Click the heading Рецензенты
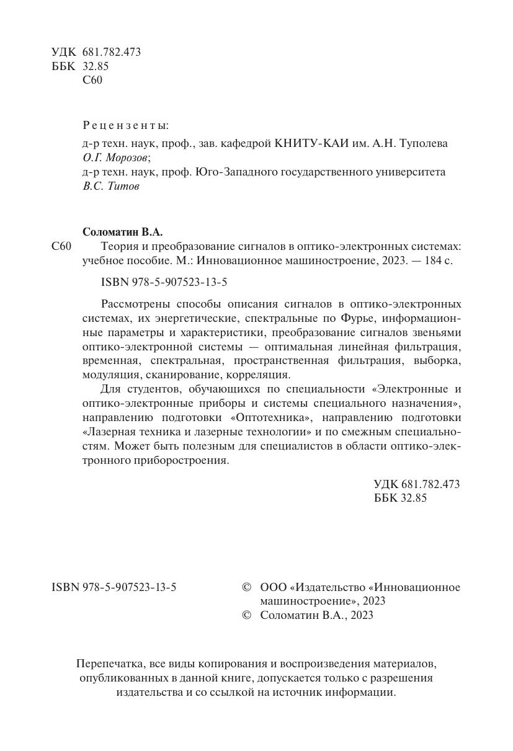pyautogui.click(x=125, y=125)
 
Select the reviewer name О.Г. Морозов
pyautogui.click(x=116, y=158)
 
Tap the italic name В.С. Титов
pyautogui.click(x=111, y=186)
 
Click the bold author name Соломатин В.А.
pyautogui.click(x=122, y=232)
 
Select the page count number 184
pyautogui.click(x=429, y=261)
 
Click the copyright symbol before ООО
pyautogui.click(x=246, y=587)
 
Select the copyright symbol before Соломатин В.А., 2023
pyautogui.click(x=246, y=615)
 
